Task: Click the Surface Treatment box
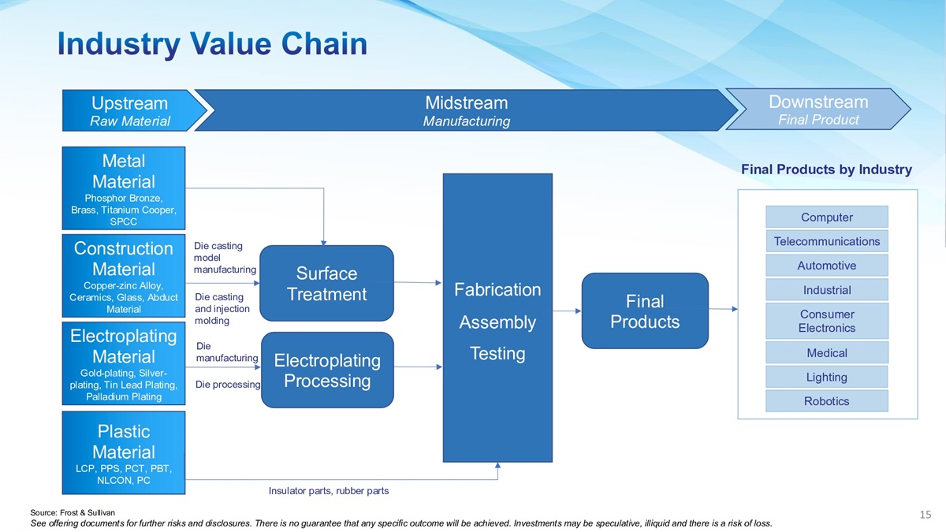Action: click(x=326, y=283)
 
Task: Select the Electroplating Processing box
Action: click(x=327, y=370)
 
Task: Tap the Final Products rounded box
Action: click(x=645, y=311)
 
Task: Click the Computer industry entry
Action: click(x=827, y=217)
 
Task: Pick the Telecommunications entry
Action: click(x=827, y=241)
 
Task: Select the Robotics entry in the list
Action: click(x=827, y=400)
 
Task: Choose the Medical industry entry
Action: click(x=827, y=352)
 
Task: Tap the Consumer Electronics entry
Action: click(x=827, y=321)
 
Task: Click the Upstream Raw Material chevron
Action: click(x=131, y=110)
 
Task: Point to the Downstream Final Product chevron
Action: click(x=818, y=110)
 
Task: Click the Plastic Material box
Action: click(x=123, y=452)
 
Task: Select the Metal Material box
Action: click(x=123, y=188)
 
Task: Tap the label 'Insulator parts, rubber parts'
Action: click(x=329, y=491)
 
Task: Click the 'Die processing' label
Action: click(x=228, y=385)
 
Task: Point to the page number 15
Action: click(x=926, y=514)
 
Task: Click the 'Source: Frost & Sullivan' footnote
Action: click(x=73, y=512)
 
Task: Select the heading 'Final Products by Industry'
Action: click(x=826, y=169)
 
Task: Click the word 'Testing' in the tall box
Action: click(x=497, y=353)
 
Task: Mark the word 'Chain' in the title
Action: click(x=324, y=43)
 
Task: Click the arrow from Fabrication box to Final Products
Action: click(x=567, y=311)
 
